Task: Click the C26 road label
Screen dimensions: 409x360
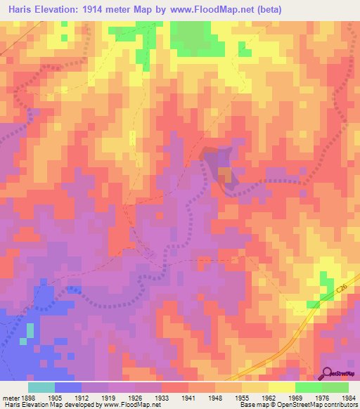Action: click(341, 287)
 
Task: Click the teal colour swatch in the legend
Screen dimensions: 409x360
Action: click(41, 387)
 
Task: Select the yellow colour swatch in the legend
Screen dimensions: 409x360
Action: click(281, 387)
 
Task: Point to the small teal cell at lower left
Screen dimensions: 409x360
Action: click(30, 330)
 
